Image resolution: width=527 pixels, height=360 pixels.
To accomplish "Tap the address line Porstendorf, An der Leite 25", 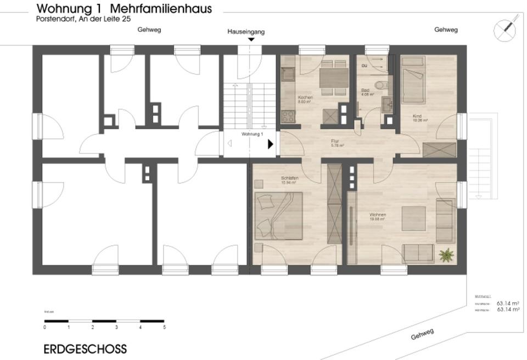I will point(83,19).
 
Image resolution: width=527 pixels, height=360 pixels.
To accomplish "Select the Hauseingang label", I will point(246,32).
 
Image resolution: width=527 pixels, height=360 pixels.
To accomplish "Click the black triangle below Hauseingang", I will point(251,40).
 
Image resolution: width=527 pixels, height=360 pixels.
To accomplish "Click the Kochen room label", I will point(305,98).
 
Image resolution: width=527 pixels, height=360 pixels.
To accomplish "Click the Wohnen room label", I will point(377,215).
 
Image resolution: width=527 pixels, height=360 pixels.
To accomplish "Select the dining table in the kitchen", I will point(334,78).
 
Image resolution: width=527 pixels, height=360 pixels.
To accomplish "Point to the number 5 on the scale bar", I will point(164,327).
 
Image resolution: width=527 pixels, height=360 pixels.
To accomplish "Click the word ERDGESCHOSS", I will point(85,349).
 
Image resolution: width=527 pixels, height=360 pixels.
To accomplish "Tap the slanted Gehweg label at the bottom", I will point(422,334).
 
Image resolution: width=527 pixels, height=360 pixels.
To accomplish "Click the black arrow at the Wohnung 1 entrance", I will point(271,144).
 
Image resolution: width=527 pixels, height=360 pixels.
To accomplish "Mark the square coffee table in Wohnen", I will point(414,218).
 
